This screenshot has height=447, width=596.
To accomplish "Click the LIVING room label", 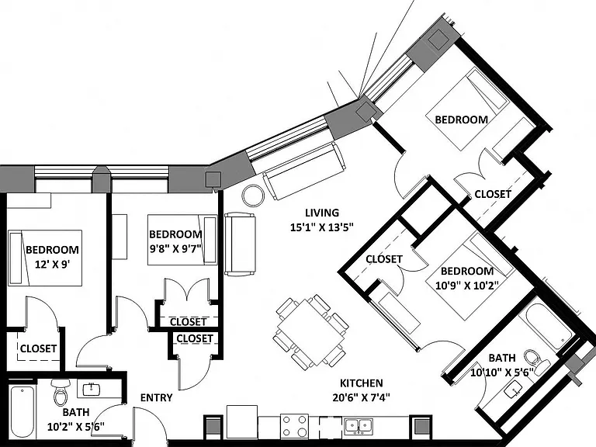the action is (x=322, y=213).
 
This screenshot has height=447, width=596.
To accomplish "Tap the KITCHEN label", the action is (x=361, y=383).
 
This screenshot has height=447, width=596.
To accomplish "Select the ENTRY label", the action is (x=156, y=397).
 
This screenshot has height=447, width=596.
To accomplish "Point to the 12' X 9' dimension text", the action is (x=53, y=264).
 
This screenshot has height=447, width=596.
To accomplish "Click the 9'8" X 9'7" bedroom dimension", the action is (x=175, y=249).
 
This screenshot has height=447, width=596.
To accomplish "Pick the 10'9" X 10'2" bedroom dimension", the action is (x=466, y=285).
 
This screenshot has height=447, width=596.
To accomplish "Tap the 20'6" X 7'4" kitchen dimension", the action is (x=361, y=397).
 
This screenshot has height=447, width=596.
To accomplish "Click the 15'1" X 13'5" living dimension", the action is (x=322, y=227).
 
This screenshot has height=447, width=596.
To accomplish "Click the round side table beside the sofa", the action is (x=253, y=196).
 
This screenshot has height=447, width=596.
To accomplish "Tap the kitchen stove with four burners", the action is (x=295, y=426).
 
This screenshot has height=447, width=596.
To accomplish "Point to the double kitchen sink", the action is (x=359, y=425).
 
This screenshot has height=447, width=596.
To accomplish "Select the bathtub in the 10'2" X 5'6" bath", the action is (x=23, y=412).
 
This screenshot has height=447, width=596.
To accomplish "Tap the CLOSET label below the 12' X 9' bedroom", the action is (x=38, y=348).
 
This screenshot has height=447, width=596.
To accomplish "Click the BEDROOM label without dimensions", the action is (x=462, y=120).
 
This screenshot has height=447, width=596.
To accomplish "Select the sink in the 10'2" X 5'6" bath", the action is (x=92, y=390).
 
